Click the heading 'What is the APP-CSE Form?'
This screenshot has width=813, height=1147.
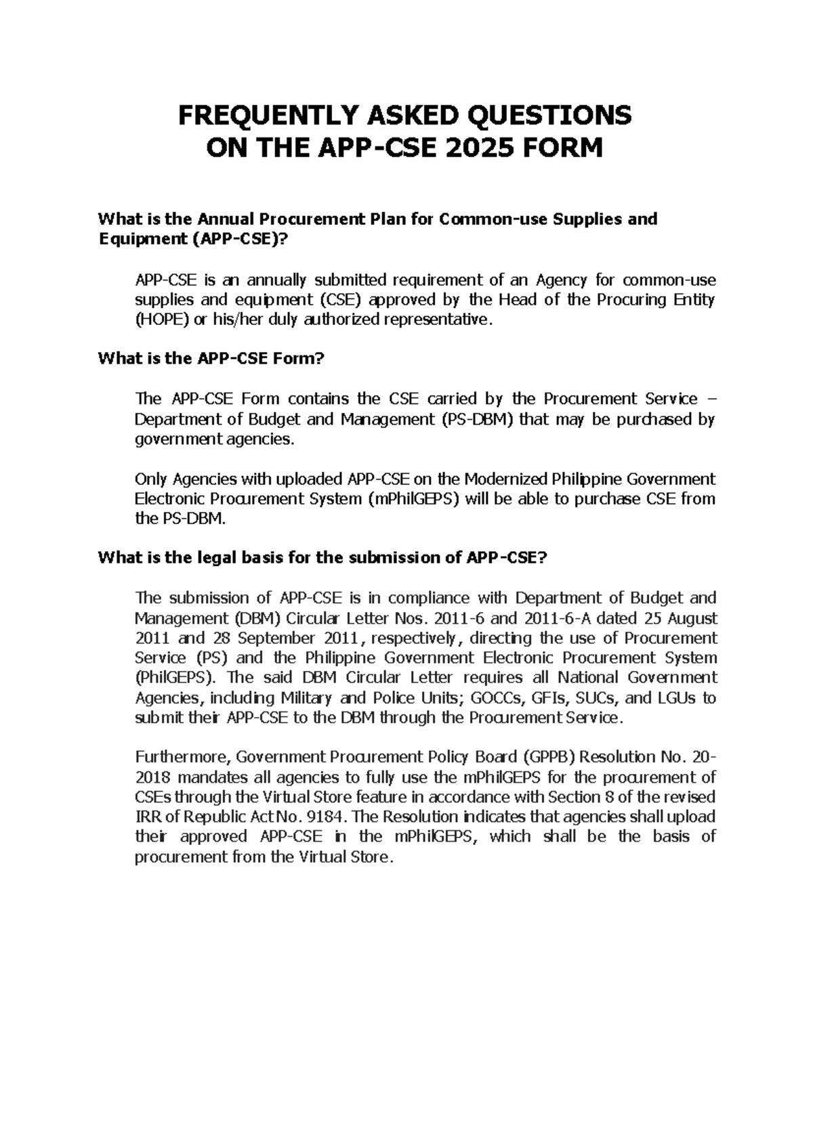point(212,359)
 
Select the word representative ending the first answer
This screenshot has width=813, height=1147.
point(434,320)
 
